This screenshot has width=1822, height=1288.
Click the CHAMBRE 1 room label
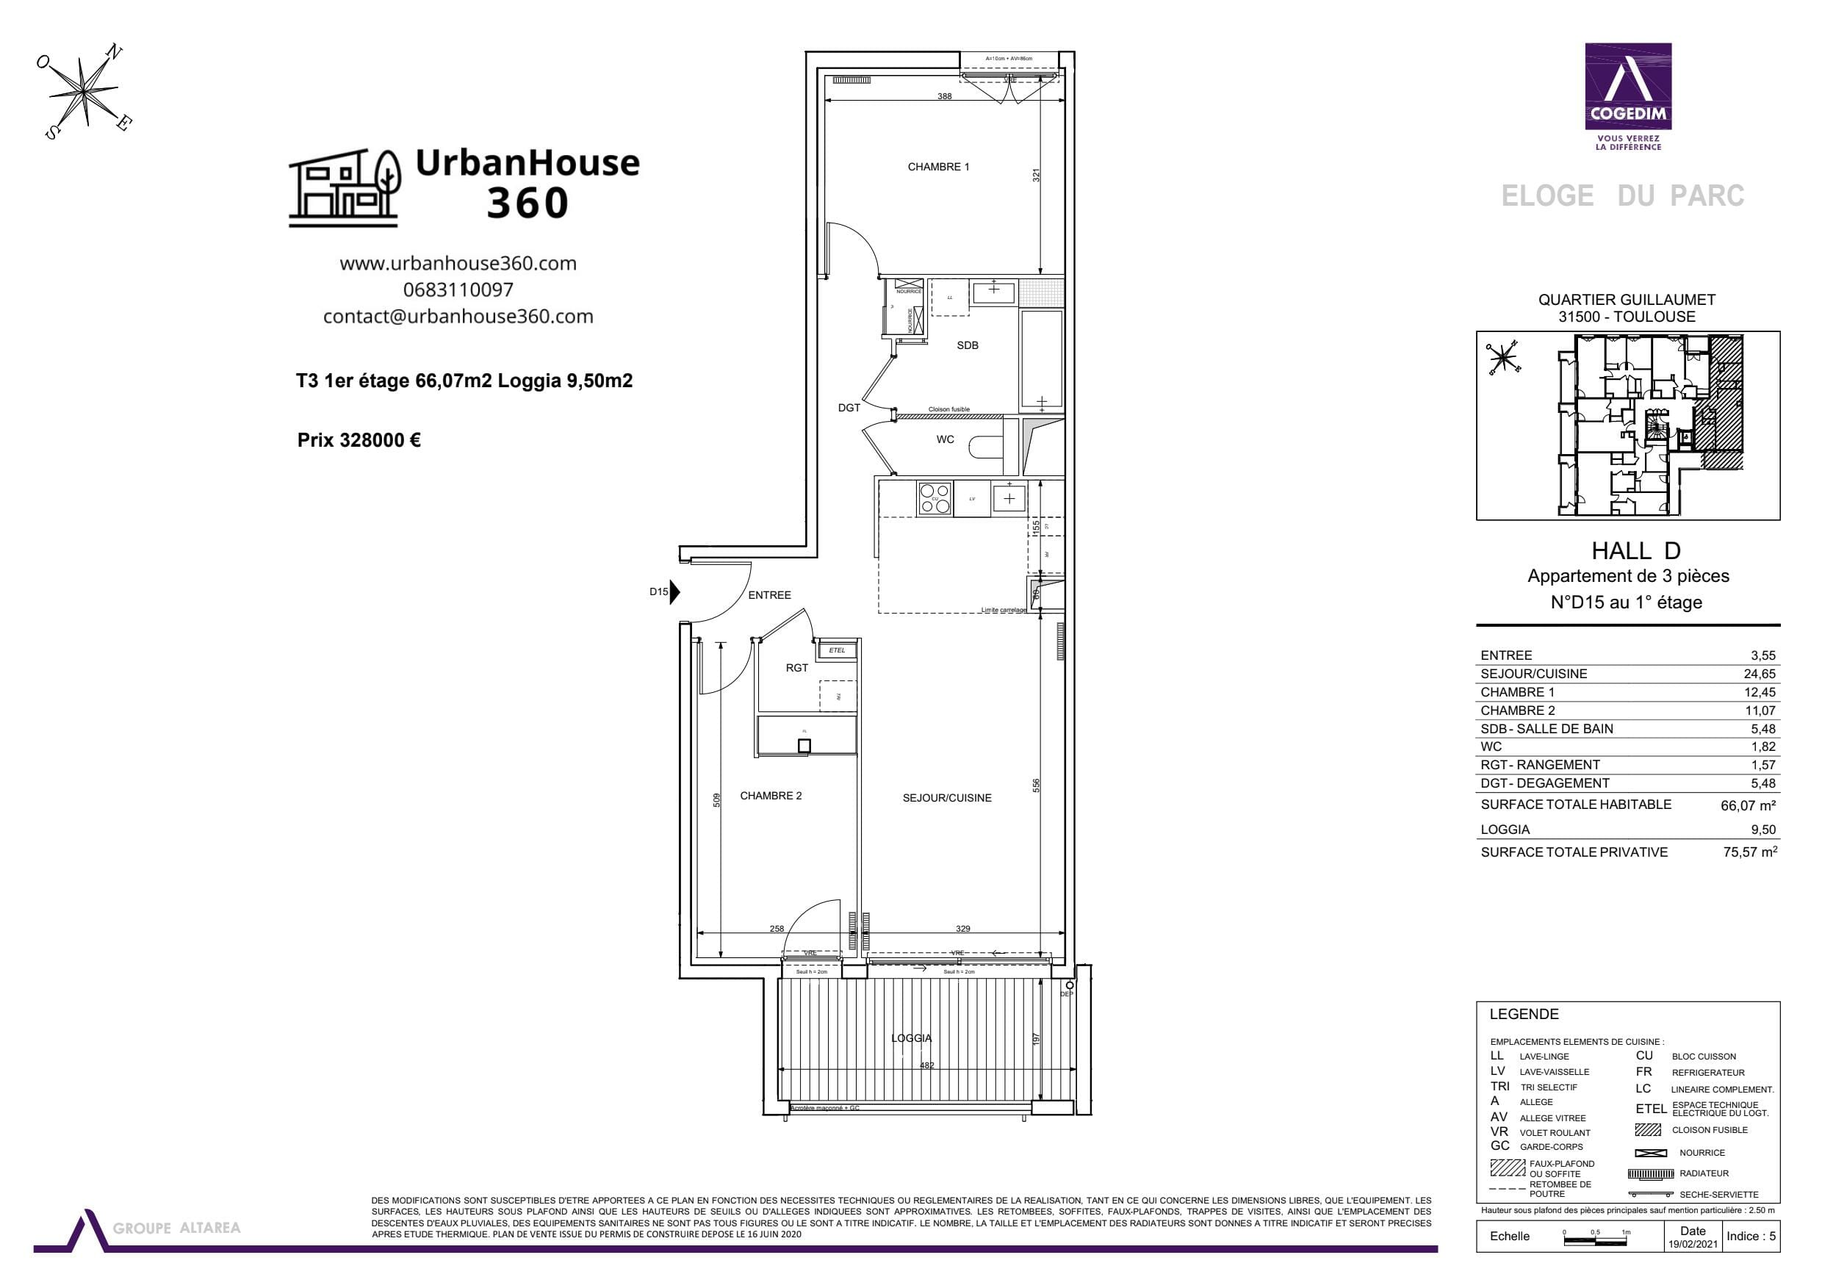(938, 167)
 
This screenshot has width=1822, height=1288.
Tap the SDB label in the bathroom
(968, 345)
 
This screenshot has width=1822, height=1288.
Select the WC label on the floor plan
(944, 439)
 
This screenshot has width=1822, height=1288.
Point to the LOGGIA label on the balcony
(911, 1038)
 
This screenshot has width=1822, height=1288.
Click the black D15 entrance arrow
(674, 592)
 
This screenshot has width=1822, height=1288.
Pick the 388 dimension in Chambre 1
(944, 96)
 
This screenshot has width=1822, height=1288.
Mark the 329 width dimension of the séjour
(962, 929)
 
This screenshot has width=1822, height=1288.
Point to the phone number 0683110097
(458, 289)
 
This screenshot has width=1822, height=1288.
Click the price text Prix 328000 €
(359, 439)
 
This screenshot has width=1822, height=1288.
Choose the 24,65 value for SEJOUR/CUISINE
(1760, 674)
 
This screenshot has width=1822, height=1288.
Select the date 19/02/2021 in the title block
(1693, 1245)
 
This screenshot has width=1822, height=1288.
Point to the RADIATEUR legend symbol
(1650, 1173)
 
